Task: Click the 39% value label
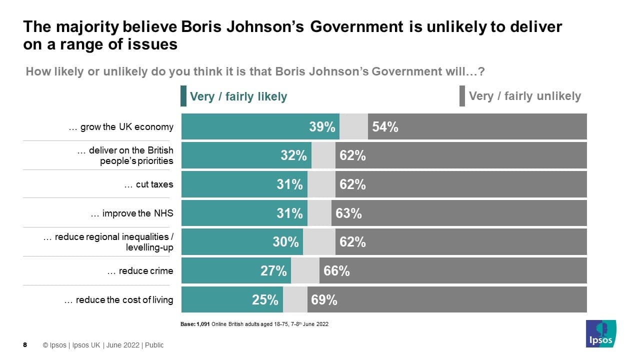pos(322,127)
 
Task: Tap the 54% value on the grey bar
pos(385,127)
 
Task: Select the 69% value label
pos(324,300)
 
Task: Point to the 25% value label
pos(265,300)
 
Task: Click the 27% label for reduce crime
pos(273,271)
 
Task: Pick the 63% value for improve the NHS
pos(348,213)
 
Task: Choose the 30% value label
pos(285,242)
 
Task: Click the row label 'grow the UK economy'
pos(121,127)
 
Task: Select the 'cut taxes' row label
pos(149,184)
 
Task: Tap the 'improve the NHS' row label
pos(132,213)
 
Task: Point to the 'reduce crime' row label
pos(140,271)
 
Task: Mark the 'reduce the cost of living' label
pos(119,300)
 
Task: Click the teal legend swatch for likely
pos(183,96)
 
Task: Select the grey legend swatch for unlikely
pos(462,96)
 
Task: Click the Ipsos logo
pos(601,334)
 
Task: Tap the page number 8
pos(25,345)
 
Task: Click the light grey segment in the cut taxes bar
pos(321,184)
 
